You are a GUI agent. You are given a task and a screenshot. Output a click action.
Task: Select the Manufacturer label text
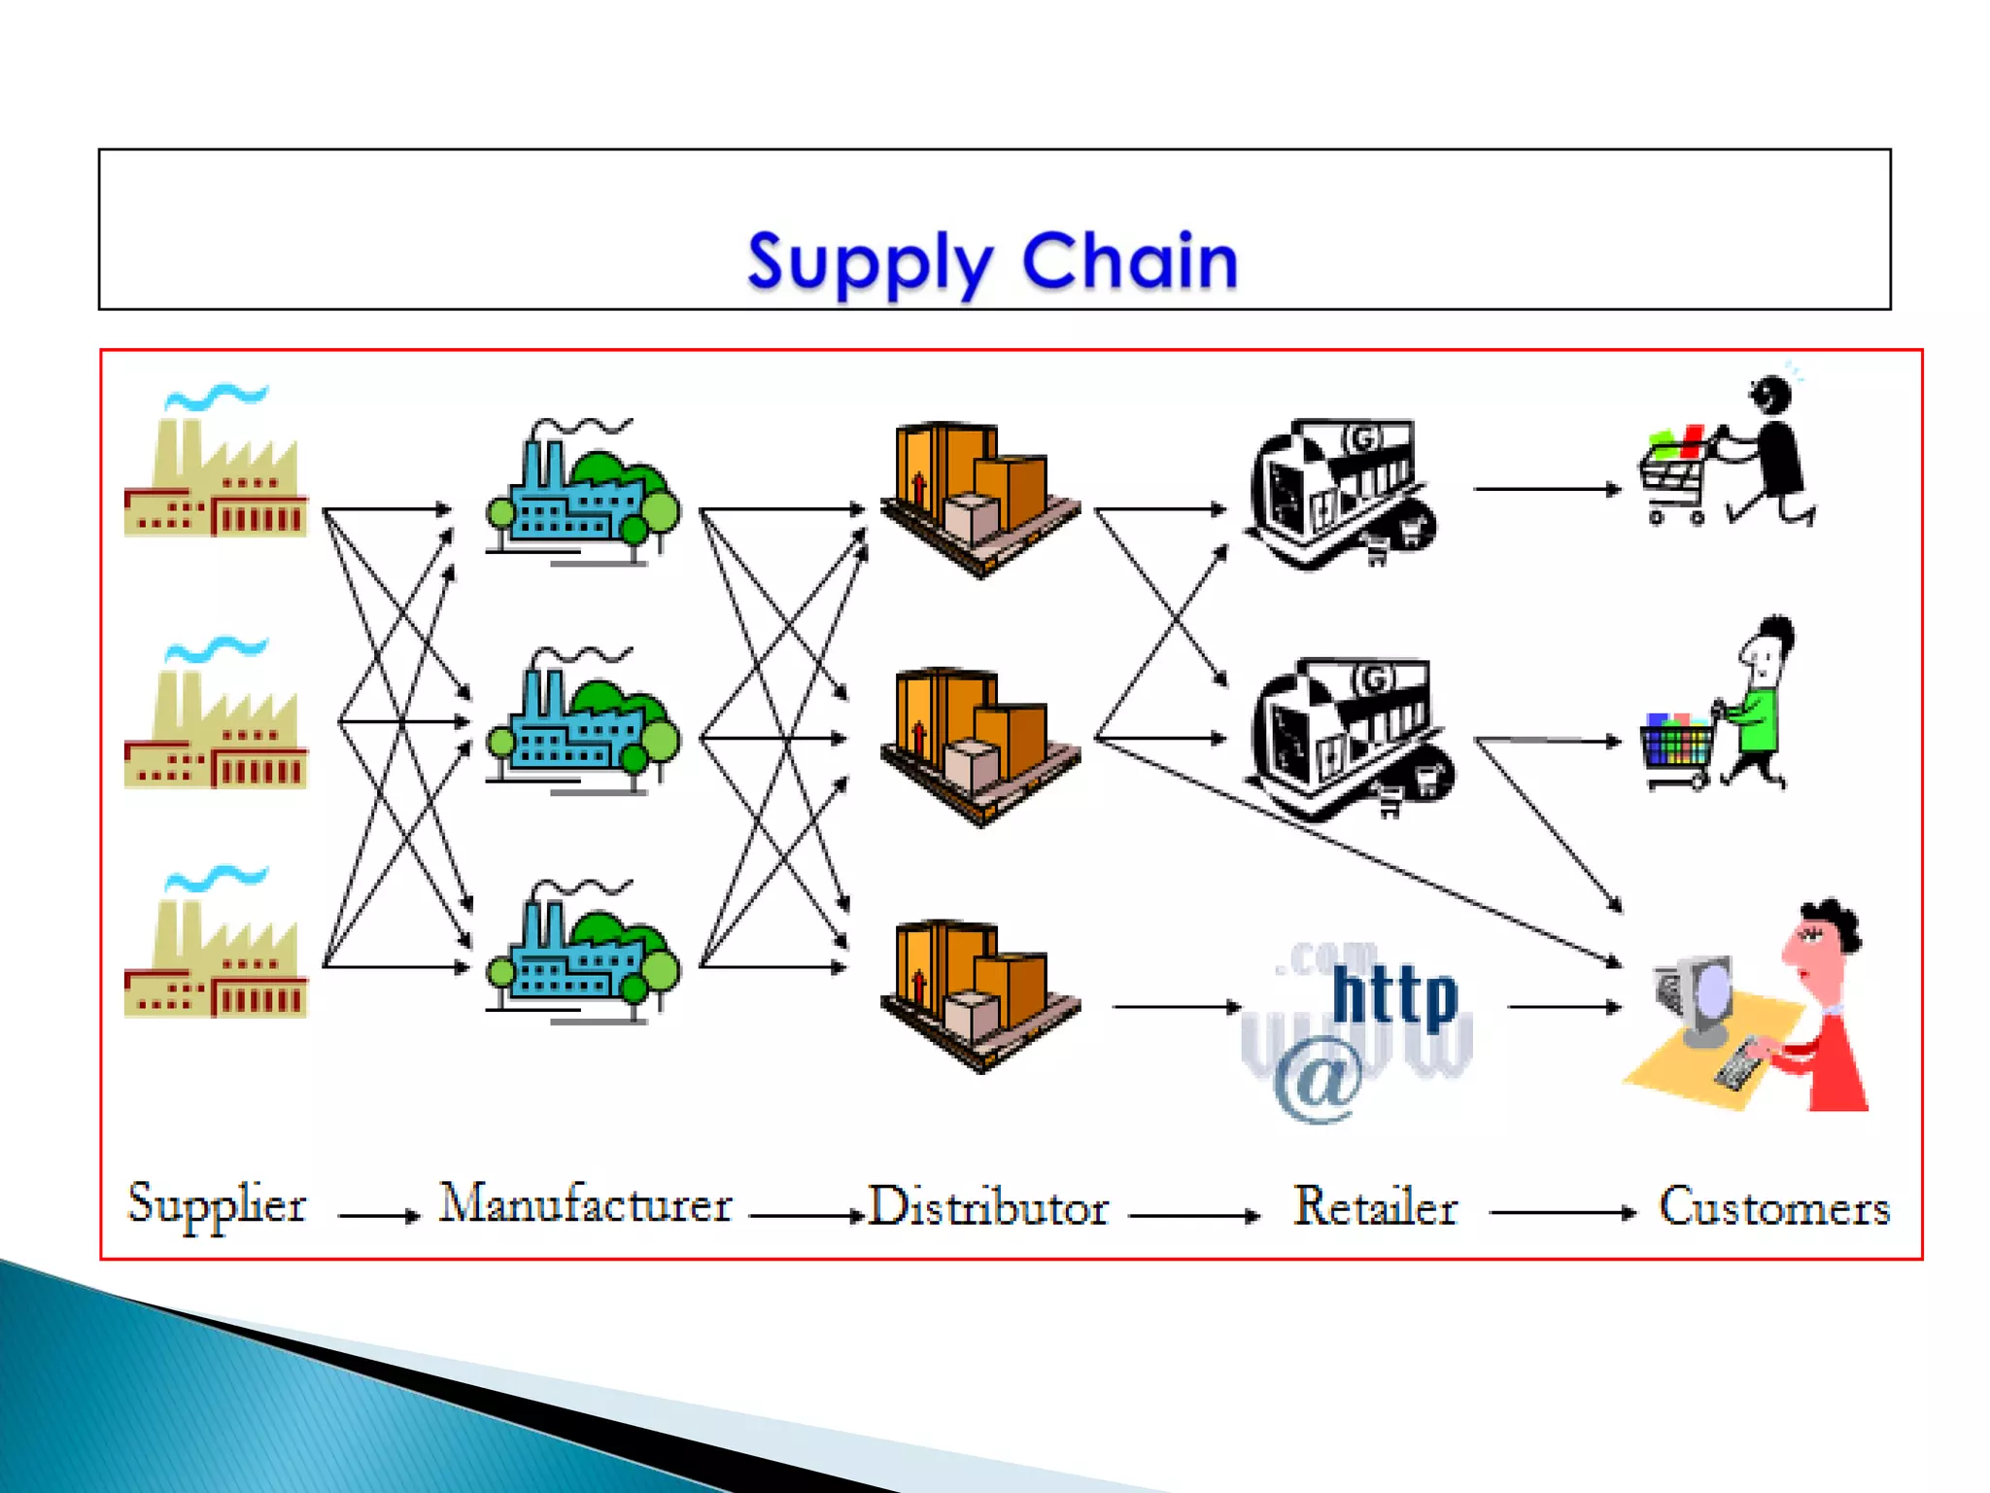point(585,1205)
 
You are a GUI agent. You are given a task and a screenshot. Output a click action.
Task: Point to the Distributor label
point(987,1208)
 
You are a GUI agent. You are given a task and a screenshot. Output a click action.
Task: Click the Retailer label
point(1374,1208)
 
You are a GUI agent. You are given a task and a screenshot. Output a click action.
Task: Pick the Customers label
point(1773,1208)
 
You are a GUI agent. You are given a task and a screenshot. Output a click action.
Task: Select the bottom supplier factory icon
point(216,953)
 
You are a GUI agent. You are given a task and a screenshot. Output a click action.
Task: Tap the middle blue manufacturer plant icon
point(583,724)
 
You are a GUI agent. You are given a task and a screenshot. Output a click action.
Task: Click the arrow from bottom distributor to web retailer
point(1176,1007)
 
